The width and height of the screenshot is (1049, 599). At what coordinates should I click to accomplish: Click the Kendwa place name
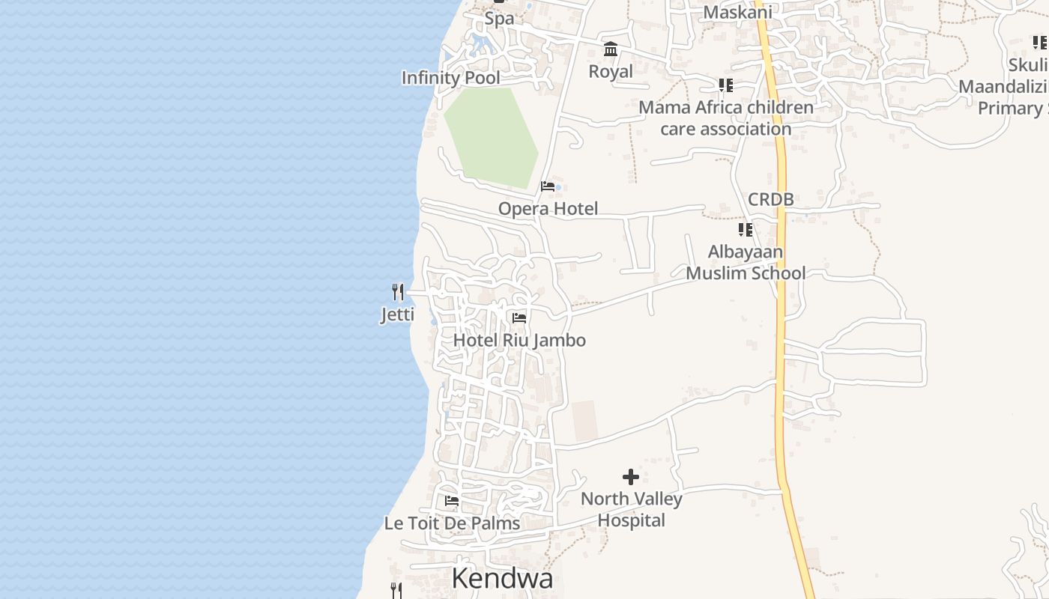(x=502, y=578)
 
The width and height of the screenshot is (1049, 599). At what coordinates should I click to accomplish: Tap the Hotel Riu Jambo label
(x=519, y=341)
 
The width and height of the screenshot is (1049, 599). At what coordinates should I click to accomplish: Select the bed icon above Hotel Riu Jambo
(x=519, y=318)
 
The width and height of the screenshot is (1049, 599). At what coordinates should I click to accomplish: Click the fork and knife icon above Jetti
(x=398, y=291)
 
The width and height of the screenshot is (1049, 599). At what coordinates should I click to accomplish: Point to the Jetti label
(x=397, y=314)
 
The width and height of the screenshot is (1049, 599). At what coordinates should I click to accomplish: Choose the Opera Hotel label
(x=548, y=209)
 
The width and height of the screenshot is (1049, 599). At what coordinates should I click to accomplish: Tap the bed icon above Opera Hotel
(x=548, y=186)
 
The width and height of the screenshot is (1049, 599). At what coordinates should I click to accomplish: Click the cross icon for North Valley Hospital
(x=631, y=477)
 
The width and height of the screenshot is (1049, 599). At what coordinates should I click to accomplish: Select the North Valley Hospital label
(x=631, y=510)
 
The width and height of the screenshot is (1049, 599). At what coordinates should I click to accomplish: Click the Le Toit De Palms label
(x=452, y=523)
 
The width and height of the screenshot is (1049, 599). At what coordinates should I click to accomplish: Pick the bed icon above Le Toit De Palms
(x=451, y=501)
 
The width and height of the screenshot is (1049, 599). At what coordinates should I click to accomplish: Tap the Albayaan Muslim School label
(x=746, y=263)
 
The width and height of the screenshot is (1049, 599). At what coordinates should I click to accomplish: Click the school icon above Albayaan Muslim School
(x=745, y=230)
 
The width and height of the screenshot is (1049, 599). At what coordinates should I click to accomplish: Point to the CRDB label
(x=770, y=200)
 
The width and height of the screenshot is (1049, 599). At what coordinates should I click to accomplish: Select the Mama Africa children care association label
(x=725, y=118)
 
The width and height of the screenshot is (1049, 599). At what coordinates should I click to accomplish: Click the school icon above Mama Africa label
(x=725, y=85)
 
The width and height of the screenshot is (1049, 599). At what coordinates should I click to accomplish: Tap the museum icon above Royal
(x=611, y=49)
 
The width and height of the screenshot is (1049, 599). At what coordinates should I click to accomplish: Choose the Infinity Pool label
(x=450, y=78)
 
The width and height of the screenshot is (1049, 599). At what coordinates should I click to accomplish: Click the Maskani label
(x=737, y=12)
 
